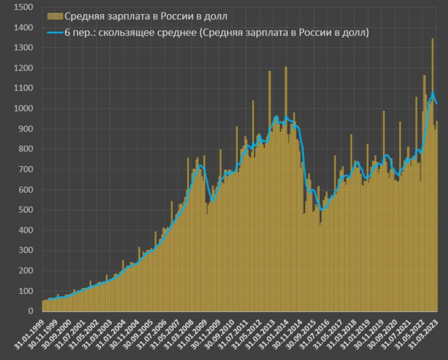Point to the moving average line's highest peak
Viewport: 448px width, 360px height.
[433, 93]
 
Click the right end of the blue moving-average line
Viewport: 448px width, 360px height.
[437, 104]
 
